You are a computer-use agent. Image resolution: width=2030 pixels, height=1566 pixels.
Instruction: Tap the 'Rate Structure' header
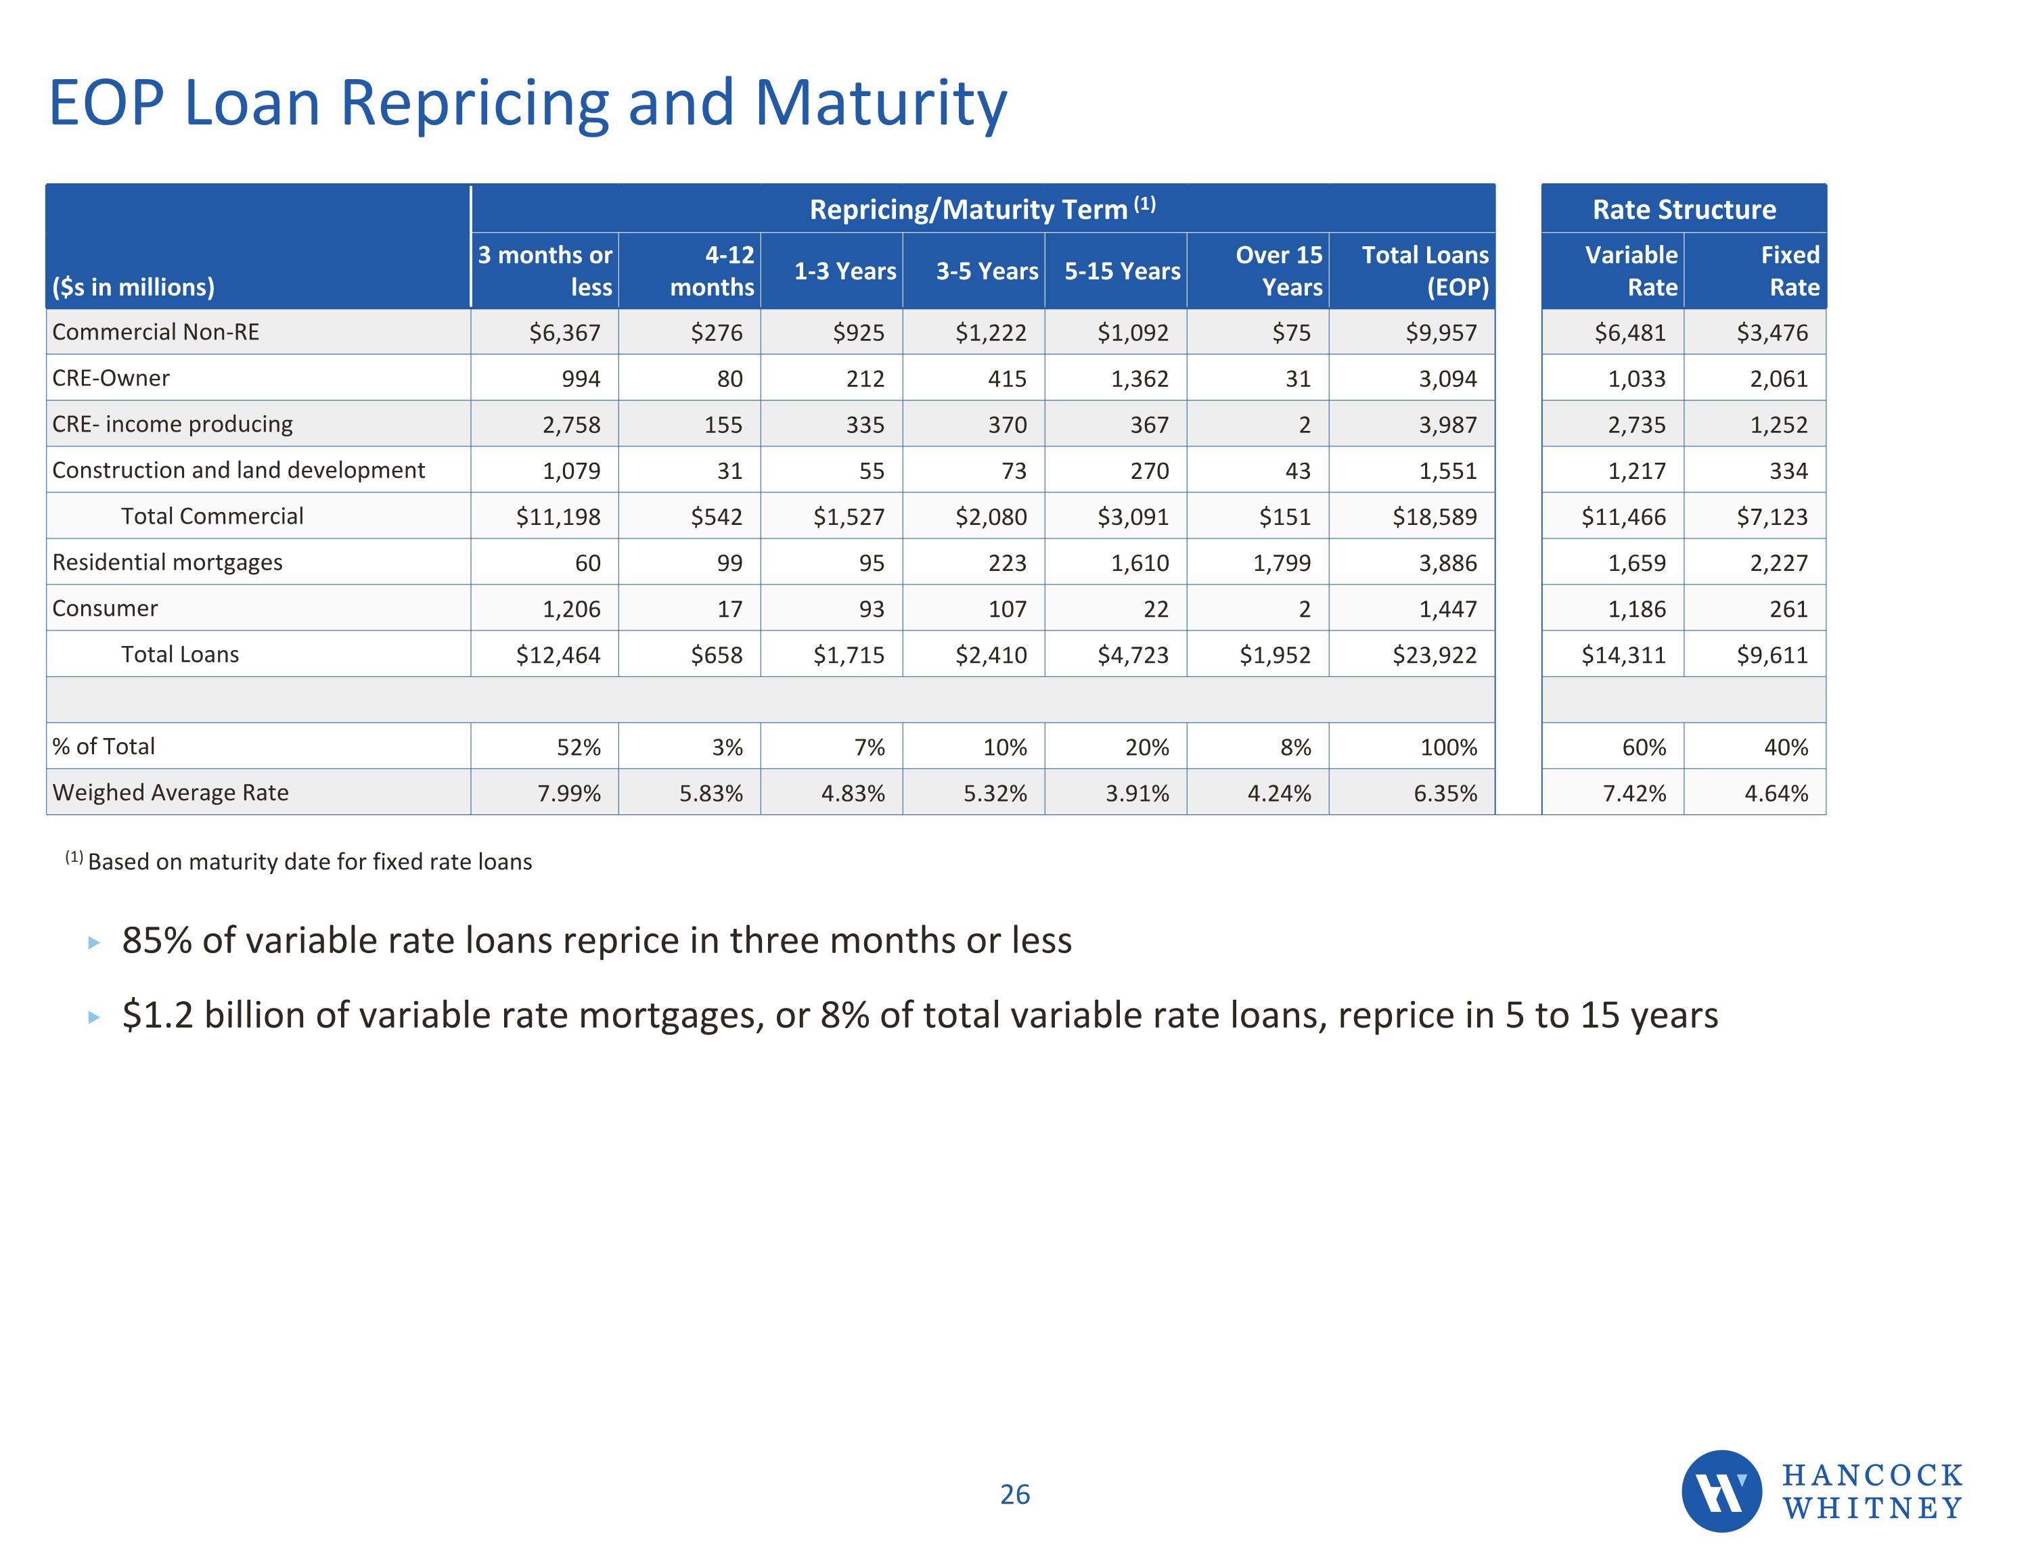(1684, 209)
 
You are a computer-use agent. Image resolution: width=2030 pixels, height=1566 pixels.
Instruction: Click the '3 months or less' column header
(545, 271)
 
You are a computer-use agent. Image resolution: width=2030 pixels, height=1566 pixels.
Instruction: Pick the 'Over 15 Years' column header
(1278, 271)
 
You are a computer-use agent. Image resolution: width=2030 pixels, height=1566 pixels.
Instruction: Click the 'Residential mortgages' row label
(167, 562)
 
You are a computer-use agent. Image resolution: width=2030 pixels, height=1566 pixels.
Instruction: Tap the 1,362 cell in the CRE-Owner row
(1140, 378)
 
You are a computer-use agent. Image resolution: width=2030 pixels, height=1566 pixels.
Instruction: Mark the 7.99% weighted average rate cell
(569, 793)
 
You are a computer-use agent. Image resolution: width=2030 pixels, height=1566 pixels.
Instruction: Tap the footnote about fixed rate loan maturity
(299, 862)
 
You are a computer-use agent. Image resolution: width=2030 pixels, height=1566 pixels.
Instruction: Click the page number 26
(1014, 1494)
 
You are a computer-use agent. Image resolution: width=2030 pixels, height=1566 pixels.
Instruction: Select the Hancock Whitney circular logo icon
(1721, 1492)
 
